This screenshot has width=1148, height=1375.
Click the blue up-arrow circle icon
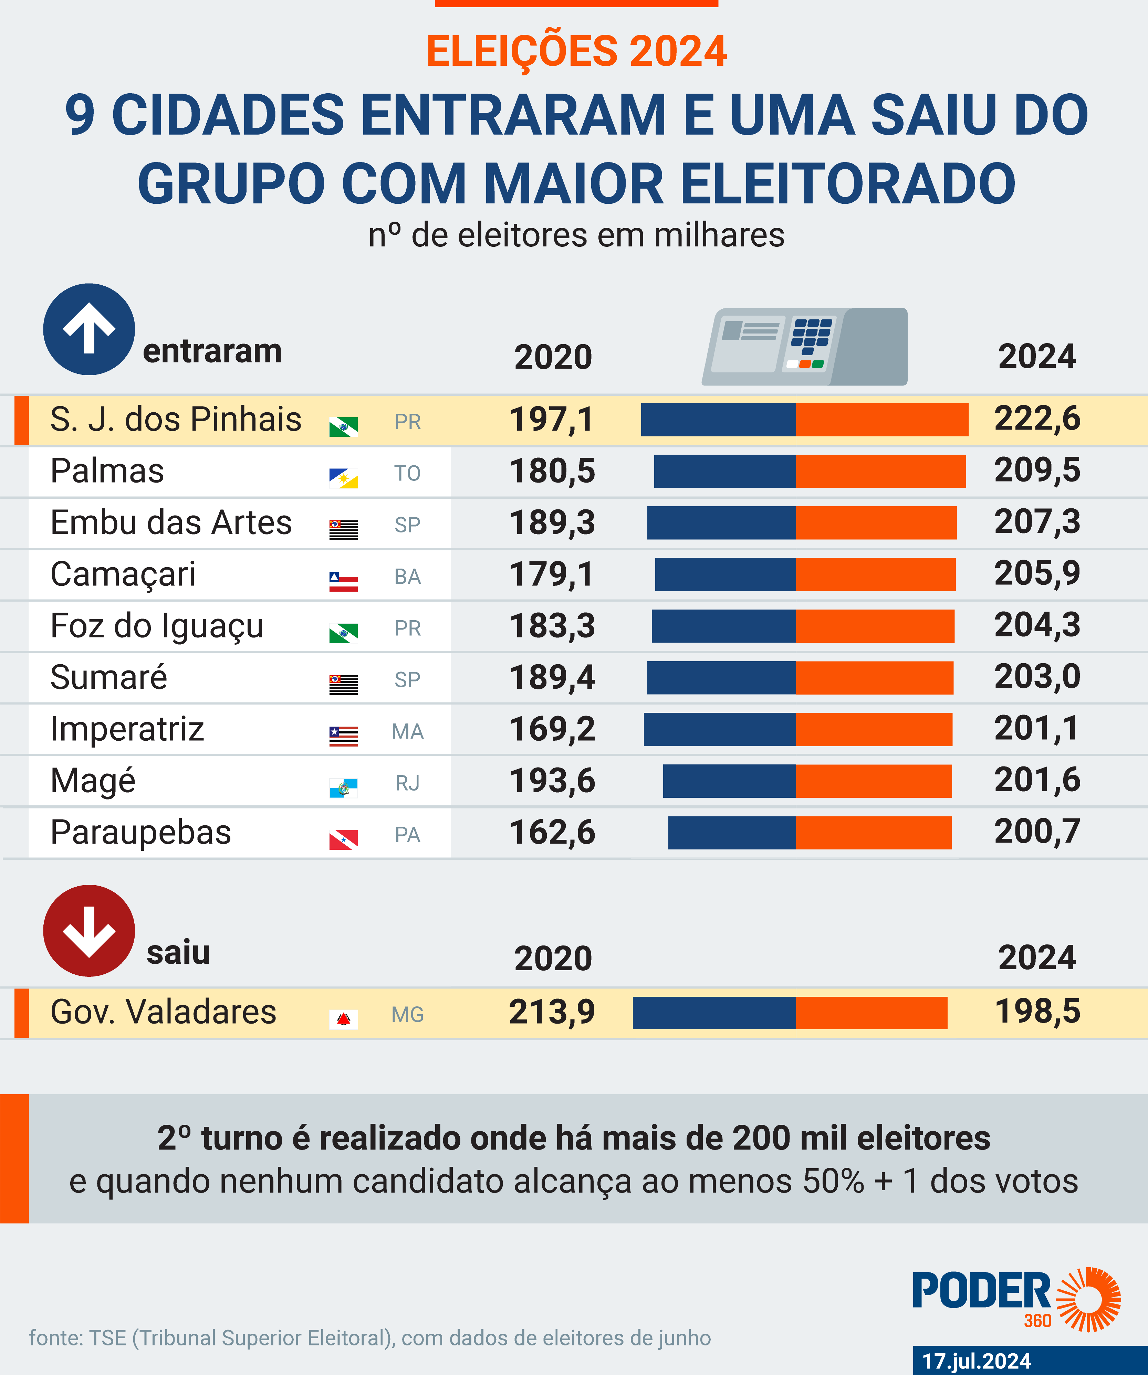click(x=89, y=329)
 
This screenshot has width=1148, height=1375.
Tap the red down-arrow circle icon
click(x=89, y=930)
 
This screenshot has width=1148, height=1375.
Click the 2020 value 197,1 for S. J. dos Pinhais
click(x=551, y=420)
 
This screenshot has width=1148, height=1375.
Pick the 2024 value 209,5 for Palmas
click(x=1037, y=470)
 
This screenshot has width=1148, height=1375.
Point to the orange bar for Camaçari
click(x=876, y=574)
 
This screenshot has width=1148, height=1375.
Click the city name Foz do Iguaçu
click(x=157, y=626)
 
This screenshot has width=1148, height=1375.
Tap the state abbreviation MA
click(x=407, y=731)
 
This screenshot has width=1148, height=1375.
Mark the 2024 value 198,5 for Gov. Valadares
click(x=1037, y=1012)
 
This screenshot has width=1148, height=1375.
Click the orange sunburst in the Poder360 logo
click(x=1088, y=1300)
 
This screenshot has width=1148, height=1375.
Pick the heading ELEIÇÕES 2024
click(x=576, y=51)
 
